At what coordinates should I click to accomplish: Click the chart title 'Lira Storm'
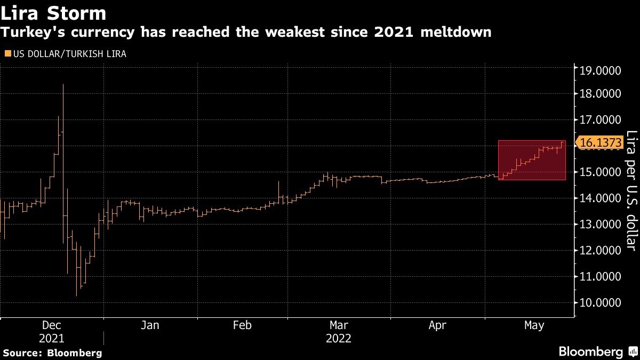[53, 12]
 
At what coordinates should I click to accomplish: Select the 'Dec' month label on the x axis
[52, 325]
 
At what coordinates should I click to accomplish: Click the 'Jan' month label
[150, 325]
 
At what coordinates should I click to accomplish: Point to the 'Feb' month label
[243, 325]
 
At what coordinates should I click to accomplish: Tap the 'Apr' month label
[437, 325]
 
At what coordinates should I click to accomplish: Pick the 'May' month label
[534, 325]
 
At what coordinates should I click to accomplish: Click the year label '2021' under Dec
[52, 339]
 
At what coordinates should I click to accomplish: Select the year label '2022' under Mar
[339, 339]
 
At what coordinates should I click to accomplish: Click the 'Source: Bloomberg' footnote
[52, 353]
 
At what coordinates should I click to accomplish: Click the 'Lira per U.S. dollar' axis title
[631, 190]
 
